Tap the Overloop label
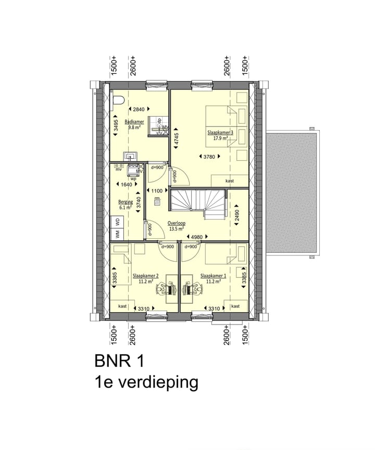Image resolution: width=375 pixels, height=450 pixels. pyautogui.click(x=177, y=223)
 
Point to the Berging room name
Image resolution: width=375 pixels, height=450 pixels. pyautogui.click(x=126, y=202)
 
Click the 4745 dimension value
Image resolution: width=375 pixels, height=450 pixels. pyautogui.click(x=176, y=139)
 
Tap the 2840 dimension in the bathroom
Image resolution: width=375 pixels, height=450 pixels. pyautogui.click(x=139, y=109)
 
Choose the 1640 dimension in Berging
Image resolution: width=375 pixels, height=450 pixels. pyautogui.click(x=126, y=184)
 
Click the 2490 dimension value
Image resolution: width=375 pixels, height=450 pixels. pyautogui.click(x=237, y=215)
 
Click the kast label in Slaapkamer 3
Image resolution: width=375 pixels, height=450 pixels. pyautogui.click(x=229, y=181)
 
